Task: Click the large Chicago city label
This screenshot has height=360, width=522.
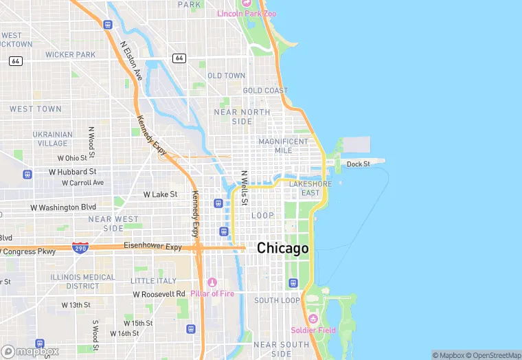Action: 282,249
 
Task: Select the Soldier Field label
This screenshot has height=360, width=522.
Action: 313,330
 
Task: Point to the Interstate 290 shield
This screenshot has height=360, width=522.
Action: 80,247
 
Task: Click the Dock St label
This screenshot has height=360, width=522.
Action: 358,164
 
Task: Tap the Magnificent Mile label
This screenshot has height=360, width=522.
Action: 283,146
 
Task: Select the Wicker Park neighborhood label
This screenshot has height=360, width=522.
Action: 70,54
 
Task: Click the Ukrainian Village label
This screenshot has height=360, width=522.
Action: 53,139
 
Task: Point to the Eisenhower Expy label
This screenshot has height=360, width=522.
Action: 152,246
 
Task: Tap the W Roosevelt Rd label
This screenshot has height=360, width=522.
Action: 159,294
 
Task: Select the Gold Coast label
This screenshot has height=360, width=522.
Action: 265,91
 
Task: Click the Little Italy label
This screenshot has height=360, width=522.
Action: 153,281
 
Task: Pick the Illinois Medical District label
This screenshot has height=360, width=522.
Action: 83,281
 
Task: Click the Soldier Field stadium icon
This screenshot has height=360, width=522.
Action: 313,319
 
